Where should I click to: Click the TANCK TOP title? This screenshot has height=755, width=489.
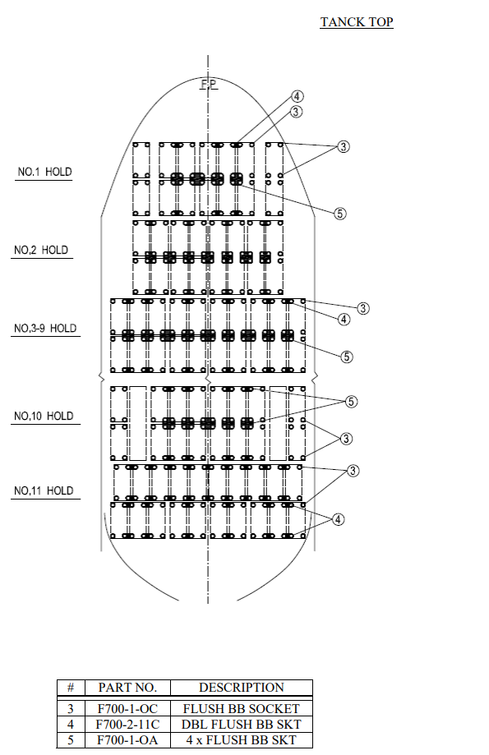click(x=356, y=22)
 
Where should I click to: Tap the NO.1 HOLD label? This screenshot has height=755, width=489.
click(x=44, y=173)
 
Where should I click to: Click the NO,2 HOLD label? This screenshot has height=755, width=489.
click(x=40, y=250)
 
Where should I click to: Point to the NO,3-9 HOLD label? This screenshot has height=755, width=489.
click(x=44, y=328)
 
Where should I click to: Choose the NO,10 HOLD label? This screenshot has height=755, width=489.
click(x=43, y=416)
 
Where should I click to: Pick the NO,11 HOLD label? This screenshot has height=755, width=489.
click(x=43, y=490)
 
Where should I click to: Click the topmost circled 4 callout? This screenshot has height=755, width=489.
click(x=298, y=96)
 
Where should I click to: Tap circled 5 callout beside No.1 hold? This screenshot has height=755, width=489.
click(x=340, y=213)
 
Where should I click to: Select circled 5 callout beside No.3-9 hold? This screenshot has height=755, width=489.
click(x=347, y=357)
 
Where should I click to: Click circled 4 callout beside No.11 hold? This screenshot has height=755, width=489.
click(x=338, y=519)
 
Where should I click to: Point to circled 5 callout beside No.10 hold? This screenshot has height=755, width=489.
click(x=351, y=402)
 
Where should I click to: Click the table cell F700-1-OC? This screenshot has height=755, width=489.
click(x=127, y=708)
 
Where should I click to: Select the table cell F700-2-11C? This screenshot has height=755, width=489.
click(x=127, y=725)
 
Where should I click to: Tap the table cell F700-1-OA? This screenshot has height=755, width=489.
click(x=127, y=740)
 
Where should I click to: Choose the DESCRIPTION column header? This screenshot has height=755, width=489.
click(x=241, y=688)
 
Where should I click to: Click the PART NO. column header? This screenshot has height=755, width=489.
click(x=127, y=688)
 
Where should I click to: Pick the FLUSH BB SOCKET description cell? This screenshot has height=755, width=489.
click(x=241, y=708)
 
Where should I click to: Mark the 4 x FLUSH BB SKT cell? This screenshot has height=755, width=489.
click(x=241, y=740)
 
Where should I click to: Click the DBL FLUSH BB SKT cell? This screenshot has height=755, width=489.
click(x=241, y=725)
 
